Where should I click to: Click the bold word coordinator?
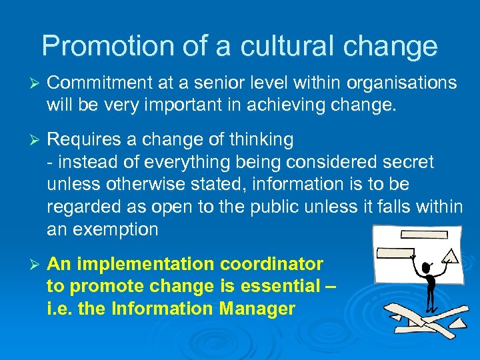click(x=281, y=264)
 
